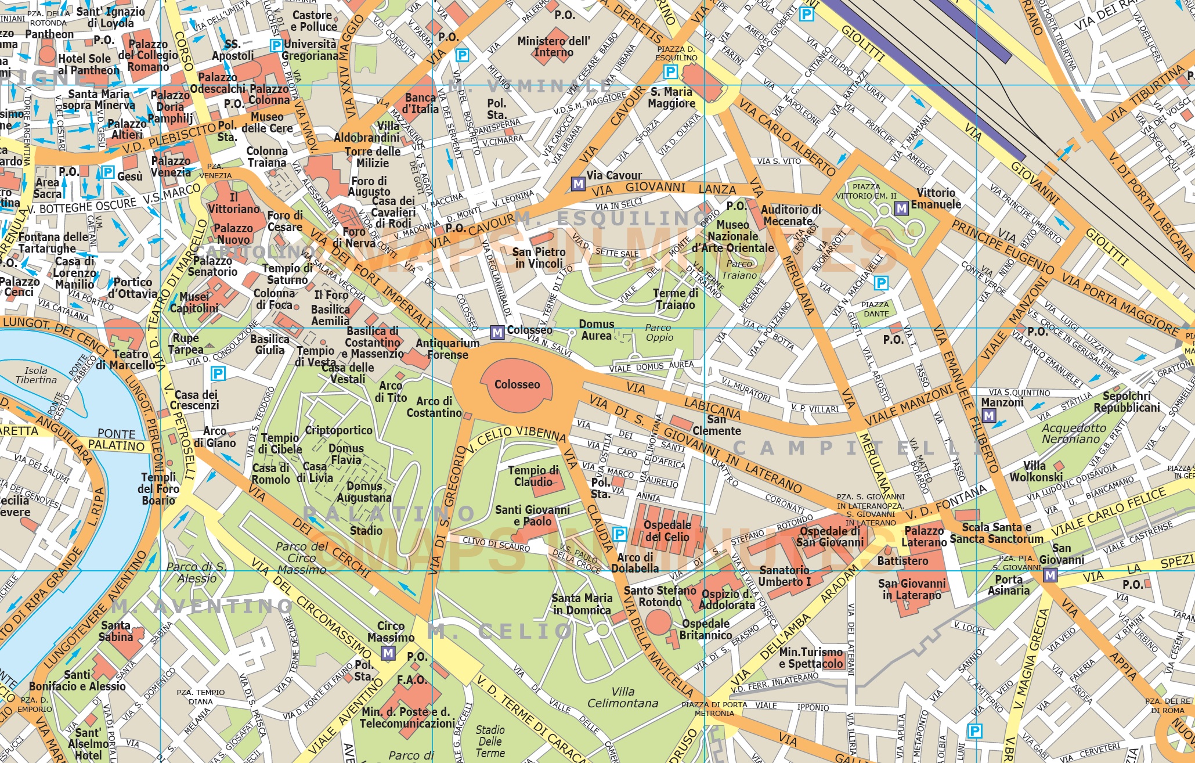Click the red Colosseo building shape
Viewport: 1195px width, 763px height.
[517, 384]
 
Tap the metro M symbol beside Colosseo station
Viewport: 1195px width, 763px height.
[497, 332]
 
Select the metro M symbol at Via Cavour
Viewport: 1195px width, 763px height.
[578, 184]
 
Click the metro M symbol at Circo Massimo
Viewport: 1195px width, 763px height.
[388, 653]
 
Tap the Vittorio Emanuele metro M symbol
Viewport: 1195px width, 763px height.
[901, 208]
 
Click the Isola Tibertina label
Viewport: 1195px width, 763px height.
[36, 375]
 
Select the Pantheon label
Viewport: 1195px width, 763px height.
[49, 34]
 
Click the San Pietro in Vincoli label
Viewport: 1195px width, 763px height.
[539, 258]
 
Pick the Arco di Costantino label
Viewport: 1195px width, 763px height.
[434, 407]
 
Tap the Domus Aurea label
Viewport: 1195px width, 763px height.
[597, 330]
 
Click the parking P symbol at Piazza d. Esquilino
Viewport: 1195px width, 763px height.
[670, 71]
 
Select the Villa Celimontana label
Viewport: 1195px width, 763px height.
[623, 697]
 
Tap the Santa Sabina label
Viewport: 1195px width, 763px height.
[115, 631]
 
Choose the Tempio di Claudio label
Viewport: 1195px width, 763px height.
[533, 476]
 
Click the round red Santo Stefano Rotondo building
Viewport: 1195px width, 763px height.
[658, 622]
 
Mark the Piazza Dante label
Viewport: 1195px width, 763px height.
[875, 309]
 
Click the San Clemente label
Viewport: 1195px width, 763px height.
[717, 425]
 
